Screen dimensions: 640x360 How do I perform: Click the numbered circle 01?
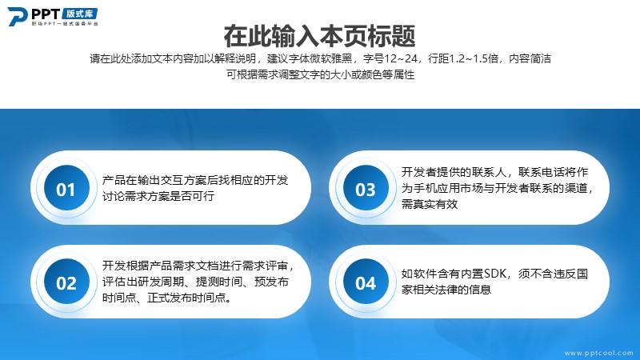click(66, 188)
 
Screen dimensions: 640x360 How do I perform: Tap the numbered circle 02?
click(66, 282)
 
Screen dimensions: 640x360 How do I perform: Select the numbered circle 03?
click(366, 188)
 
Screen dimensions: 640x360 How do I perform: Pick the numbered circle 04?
click(366, 282)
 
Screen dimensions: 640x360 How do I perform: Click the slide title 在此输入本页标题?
click(319, 36)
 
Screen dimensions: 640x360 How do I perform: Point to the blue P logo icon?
click(17, 16)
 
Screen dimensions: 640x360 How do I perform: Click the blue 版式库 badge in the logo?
click(80, 14)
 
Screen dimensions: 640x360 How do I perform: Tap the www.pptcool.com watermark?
click(598, 353)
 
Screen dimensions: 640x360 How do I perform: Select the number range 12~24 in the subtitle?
click(401, 58)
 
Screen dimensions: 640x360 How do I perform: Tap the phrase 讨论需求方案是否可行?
click(158, 196)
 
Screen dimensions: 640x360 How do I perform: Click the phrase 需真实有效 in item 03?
click(430, 204)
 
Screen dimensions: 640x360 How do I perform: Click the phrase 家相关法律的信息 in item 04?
click(446, 290)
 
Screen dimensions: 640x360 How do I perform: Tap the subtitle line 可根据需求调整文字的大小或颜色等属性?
click(321, 74)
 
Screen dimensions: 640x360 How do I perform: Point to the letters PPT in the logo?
click(46, 14)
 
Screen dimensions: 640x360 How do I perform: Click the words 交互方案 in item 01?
click(184, 180)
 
